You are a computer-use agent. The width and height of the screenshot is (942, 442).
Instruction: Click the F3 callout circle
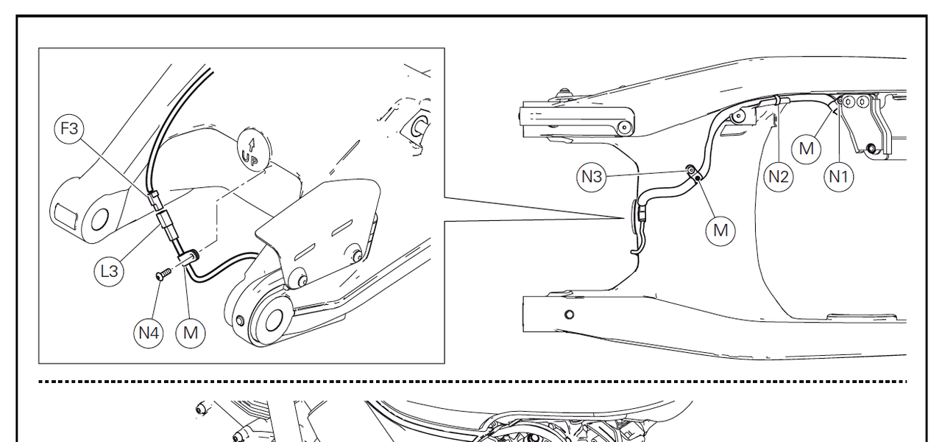69,129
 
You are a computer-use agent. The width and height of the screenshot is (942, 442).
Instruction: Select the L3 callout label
109,272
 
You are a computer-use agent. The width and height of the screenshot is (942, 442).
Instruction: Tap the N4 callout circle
149,334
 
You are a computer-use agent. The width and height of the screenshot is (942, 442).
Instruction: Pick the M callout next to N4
191,334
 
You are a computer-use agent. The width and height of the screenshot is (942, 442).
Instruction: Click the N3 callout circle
591,177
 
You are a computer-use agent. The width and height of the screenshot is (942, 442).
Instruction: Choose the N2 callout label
779,177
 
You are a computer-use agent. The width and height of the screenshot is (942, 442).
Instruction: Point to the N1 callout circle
838,177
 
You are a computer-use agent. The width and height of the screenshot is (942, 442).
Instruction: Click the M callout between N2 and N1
806,149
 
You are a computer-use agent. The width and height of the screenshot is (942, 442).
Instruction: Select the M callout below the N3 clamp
720,231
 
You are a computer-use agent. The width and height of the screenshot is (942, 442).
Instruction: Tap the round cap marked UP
254,150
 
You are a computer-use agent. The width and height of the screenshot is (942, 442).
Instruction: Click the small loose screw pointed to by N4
163,275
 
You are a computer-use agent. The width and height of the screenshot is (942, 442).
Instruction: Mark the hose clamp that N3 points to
693,172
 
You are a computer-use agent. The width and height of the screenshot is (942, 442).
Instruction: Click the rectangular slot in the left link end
66,214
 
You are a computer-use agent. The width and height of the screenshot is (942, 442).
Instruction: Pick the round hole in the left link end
99,220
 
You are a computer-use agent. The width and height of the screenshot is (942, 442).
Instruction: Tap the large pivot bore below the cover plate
274,320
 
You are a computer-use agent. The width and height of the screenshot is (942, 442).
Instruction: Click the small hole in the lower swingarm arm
569,315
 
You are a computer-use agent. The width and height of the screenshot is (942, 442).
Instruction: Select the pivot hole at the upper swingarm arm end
625,127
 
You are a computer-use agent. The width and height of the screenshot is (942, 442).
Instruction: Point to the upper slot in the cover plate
342,228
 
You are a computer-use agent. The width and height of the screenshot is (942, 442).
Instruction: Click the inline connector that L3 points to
166,226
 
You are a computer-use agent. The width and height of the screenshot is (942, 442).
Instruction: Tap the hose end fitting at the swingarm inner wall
642,213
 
